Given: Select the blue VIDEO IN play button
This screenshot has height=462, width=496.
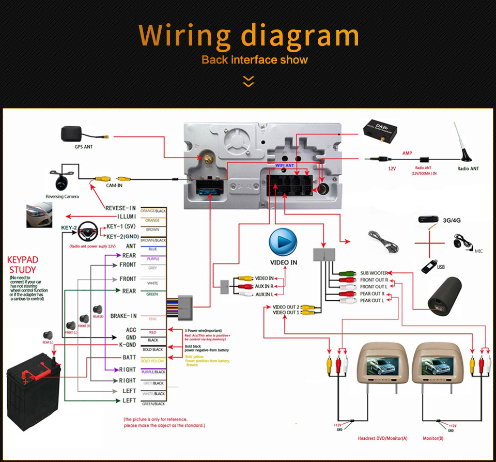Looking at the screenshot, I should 283,242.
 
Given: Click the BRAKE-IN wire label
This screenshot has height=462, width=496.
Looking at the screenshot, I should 123,316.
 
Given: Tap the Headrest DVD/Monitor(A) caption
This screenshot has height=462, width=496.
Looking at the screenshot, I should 382,438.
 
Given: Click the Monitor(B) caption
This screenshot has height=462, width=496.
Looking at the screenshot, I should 432,438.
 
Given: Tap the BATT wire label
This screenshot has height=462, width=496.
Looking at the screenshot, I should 129,358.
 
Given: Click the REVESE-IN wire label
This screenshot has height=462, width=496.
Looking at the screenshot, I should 120,208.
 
